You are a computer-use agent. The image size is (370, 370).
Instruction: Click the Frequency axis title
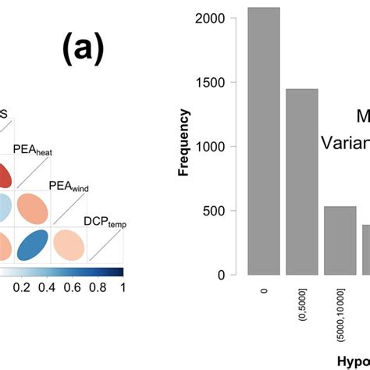185,143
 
